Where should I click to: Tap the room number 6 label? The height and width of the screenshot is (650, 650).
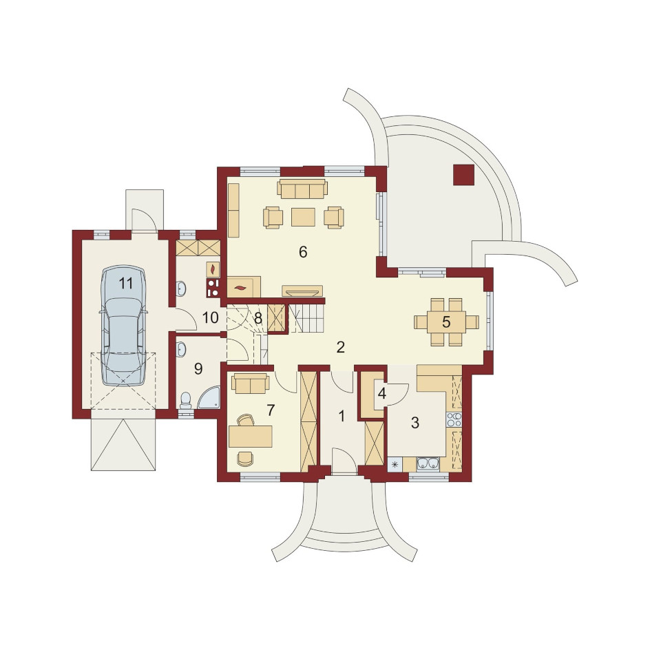point(303,251)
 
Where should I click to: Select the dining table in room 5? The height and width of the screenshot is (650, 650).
point(446,322)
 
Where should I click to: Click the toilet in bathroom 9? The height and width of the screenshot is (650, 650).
point(185,401)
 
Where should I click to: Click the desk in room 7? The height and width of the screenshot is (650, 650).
point(250,436)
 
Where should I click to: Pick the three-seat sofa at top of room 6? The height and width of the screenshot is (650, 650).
point(302,189)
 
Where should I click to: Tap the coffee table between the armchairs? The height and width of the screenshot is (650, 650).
point(303,217)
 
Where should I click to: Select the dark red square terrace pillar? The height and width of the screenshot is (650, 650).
point(463,174)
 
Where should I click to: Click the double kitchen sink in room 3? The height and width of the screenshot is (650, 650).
point(428,463)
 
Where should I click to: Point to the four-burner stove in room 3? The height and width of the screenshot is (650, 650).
point(454,419)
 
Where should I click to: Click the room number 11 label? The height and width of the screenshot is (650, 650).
point(125,284)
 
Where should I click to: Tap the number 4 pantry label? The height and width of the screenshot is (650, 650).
point(382,393)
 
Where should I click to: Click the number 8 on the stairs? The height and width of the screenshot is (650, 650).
point(258,318)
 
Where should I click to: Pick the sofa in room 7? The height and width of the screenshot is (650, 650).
point(251,383)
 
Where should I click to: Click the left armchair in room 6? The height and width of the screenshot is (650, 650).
point(273,217)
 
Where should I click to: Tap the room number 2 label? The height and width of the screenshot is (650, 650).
point(341,347)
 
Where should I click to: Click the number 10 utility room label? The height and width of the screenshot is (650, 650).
point(210,318)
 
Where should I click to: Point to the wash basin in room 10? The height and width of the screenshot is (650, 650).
point(180,289)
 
